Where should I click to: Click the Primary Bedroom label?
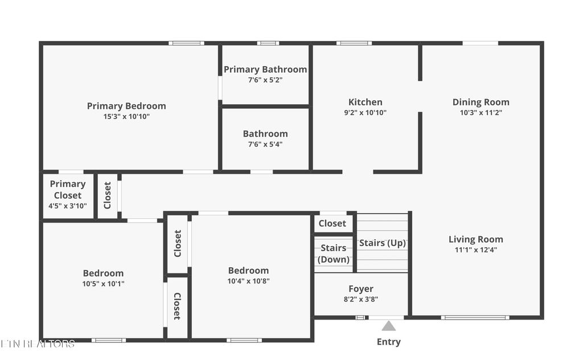pos(126,106)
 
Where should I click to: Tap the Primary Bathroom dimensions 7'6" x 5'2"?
pos(265,80)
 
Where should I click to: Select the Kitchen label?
pos(366,103)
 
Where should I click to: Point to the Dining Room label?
pos(481,103)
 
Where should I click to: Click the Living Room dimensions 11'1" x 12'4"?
pos(476,249)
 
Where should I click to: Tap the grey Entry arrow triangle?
pos(388,326)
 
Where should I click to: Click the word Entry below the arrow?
pos(388,342)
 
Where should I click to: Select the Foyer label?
pos(361,289)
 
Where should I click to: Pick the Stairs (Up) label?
pos(383,243)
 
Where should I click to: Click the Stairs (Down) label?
pos(334,253)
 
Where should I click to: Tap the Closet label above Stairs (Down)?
pos(332,223)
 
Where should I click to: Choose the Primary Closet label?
pos(68,189)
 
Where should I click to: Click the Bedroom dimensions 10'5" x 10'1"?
pos(103,283)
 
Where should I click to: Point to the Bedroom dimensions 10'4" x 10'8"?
pos(248,280)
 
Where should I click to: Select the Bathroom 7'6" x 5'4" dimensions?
pos(265,144)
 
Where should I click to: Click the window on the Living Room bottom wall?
pos(475,317)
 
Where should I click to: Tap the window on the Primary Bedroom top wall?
pos(186,43)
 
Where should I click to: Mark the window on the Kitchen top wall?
pos(354,43)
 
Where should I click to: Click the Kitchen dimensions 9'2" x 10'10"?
pos(366,113)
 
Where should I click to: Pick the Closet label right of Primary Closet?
pos(108,195)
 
